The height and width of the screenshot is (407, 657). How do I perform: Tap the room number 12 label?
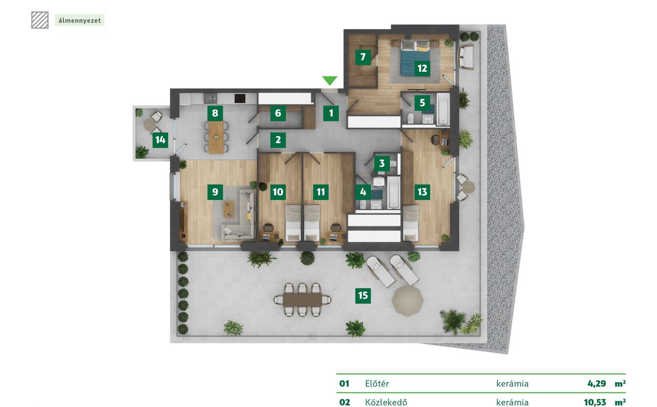point(422,68)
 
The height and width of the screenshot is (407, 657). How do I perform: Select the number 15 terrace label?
point(363,295)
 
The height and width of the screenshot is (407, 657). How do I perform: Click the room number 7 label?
point(363,57)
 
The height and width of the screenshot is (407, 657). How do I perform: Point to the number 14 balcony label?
point(160,140)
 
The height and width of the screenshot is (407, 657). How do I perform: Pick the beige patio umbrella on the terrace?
point(408,301)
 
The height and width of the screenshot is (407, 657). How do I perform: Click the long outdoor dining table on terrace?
point(302,299)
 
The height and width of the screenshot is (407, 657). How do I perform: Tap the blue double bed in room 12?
point(415,58)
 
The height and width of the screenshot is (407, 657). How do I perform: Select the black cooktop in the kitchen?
point(240,98)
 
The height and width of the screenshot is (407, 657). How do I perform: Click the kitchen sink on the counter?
point(210,98)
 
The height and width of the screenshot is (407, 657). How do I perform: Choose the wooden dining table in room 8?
point(216,137)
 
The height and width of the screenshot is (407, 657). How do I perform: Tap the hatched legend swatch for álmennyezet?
point(40,20)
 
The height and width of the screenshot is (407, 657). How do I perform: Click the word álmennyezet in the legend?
point(80,21)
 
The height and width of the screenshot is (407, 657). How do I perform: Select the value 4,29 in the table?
point(596,383)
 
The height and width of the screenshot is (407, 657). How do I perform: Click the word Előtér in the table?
point(377,383)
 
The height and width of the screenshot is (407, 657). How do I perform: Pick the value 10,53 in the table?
point(595,402)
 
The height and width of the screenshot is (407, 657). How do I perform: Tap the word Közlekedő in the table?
point(386,402)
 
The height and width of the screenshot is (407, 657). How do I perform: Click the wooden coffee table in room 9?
point(229,209)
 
